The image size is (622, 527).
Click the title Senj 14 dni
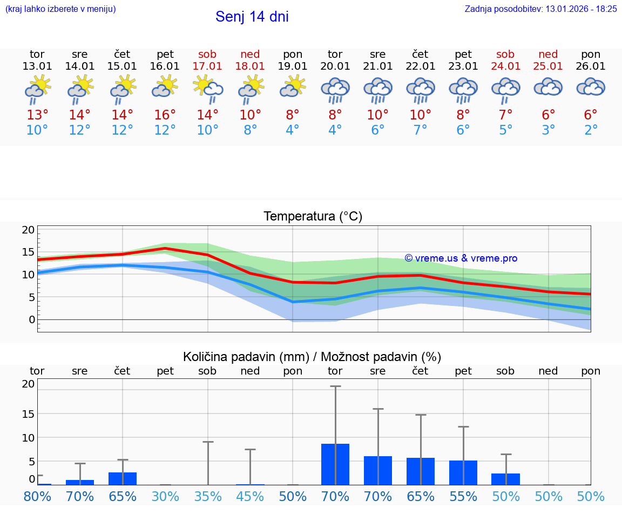coord(252,17)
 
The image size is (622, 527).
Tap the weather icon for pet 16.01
coord(165,87)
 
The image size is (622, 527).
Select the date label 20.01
coord(335,66)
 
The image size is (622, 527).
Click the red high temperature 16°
coord(165,115)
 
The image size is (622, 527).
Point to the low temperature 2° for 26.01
coord(591,130)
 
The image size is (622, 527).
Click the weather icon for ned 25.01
coord(548,87)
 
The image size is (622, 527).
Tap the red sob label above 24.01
coord(505,54)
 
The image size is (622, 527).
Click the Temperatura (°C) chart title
coord(313,217)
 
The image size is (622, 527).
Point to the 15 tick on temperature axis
coord(28,252)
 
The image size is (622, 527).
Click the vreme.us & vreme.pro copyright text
coord(461,258)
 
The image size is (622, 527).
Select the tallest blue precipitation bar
coord(335,464)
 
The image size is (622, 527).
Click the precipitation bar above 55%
coord(463,472)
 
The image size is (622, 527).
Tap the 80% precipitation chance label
coord(37,496)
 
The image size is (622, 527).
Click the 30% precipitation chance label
coord(165,496)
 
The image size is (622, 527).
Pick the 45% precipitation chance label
coord(250,496)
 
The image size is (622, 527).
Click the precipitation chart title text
coord(312,357)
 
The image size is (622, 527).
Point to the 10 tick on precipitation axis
coord(28,437)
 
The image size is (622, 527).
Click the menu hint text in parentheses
coord(60,9)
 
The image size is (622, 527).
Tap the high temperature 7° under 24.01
coord(505,115)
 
